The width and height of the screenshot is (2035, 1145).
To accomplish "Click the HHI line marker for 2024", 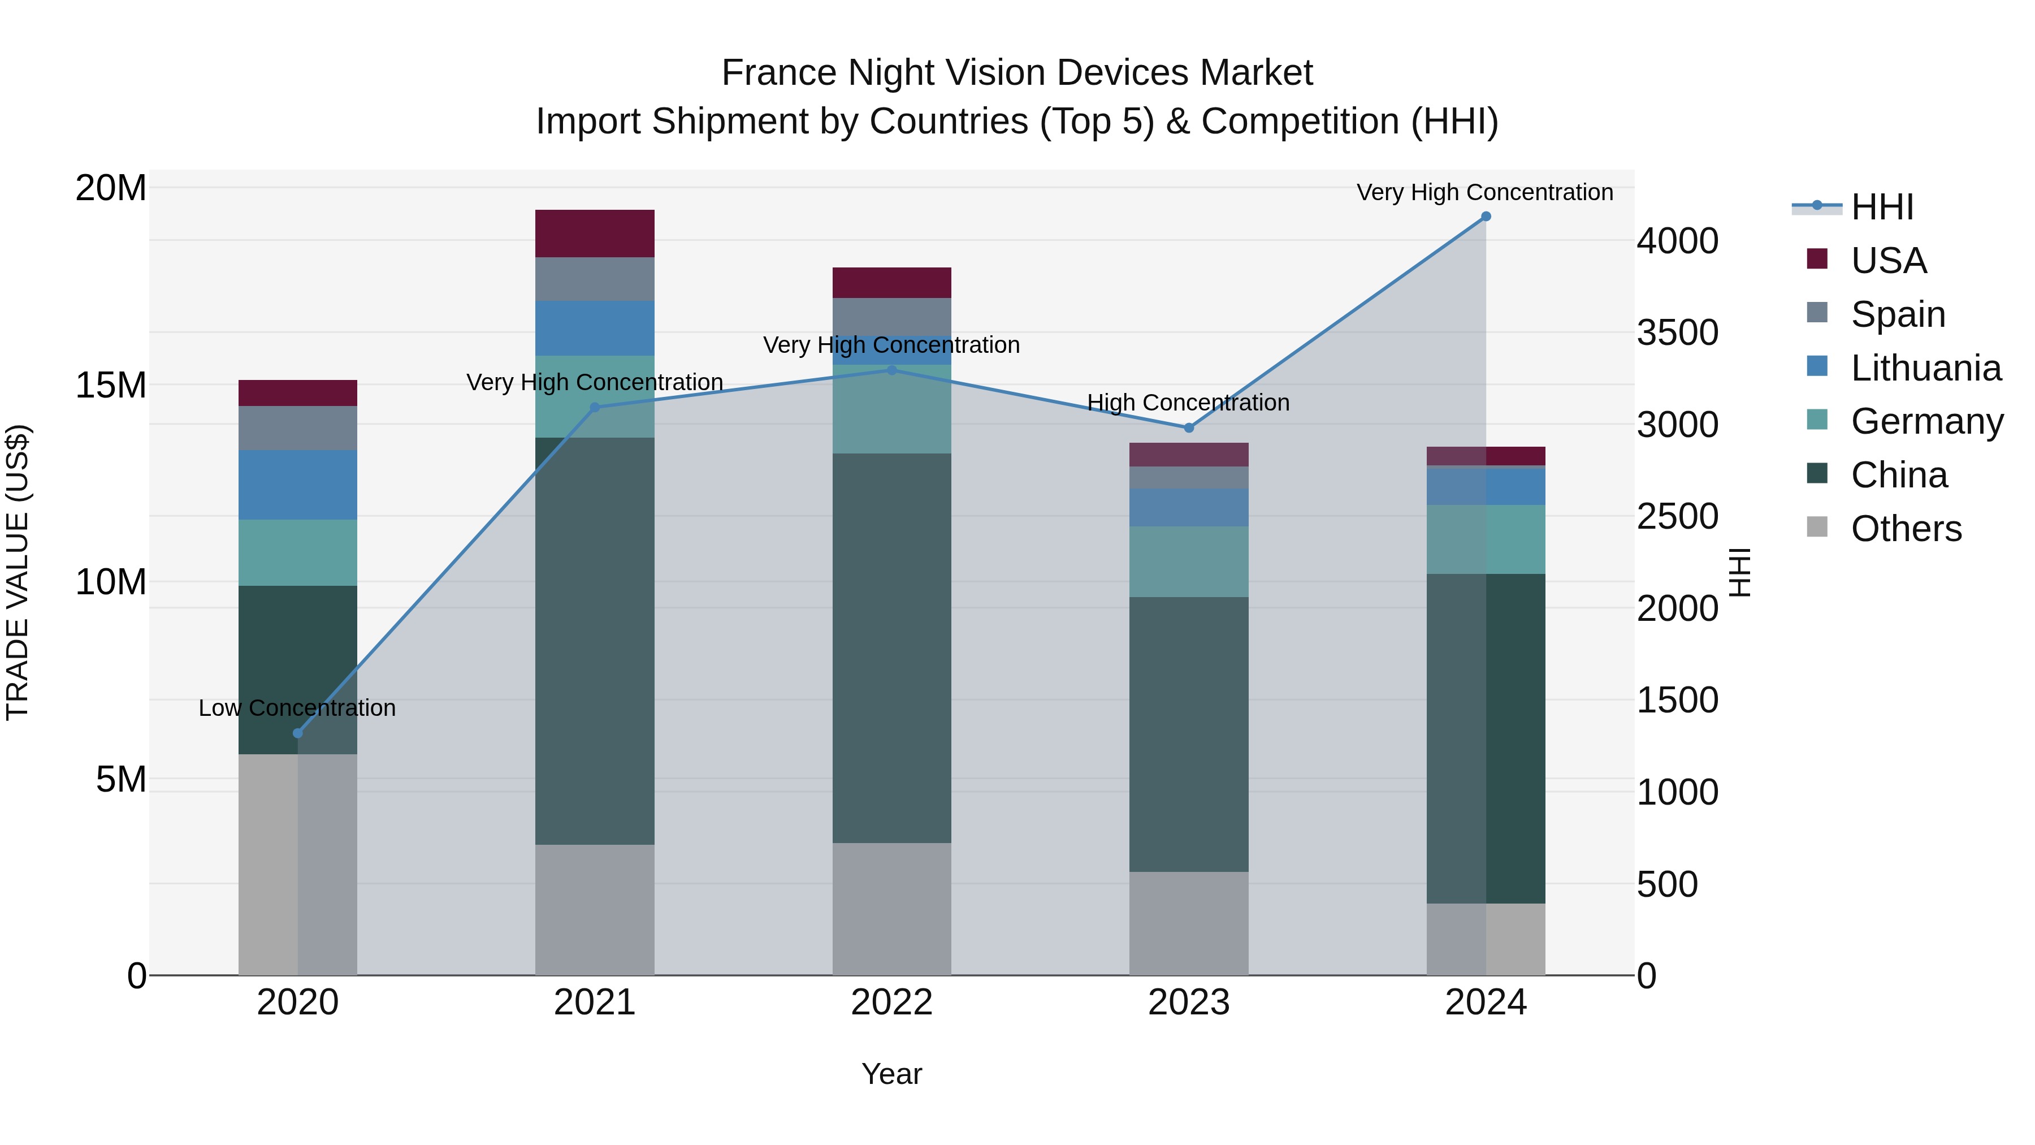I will point(1485,217).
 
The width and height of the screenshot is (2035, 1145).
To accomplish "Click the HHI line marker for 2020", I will point(298,733).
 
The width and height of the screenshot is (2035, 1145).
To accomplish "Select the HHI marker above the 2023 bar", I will point(1188,427).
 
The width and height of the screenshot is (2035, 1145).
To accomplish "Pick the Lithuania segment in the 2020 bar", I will point(298,485).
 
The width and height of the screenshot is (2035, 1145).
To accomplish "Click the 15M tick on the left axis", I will point(111,386).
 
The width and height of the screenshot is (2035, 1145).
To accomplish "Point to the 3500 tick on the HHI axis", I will point(1677,332).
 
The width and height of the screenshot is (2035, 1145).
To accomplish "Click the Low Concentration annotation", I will point(297,708).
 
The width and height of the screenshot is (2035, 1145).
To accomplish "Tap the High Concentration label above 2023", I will point(1188,403).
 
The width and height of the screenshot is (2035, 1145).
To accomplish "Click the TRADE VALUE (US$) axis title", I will point(18,572).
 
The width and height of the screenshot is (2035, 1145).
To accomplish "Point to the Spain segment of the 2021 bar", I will point(594,279).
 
